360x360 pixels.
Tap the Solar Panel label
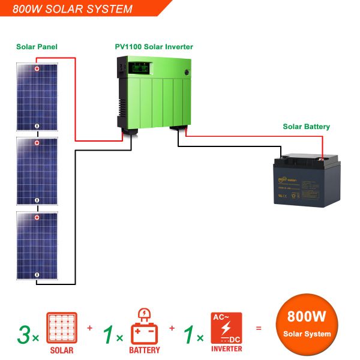tap(37, 46)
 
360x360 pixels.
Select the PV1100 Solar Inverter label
tap(154, 46)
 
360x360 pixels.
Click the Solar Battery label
tap(306, 127)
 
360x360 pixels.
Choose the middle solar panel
tap(37, 171)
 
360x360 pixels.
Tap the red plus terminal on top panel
tap(37, 69)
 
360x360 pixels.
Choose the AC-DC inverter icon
tap(226, 328)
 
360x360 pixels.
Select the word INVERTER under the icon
tap(226, 349)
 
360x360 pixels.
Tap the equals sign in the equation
tap(259, 328)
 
